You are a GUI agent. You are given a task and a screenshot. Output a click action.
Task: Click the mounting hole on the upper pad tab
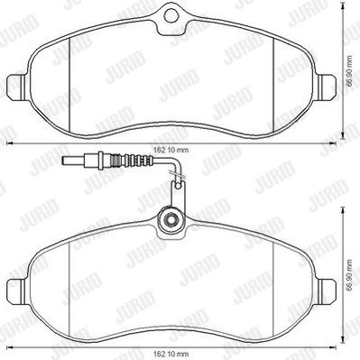[x=171, y=14]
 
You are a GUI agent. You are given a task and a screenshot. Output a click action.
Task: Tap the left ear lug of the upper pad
[x=16, y=86]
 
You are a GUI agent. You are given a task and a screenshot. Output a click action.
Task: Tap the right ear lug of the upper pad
[x=328, y=86]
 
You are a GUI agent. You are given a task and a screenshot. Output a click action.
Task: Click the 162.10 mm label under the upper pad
[x=171, y=150]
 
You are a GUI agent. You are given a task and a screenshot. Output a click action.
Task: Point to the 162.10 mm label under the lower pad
[x=171, y=353]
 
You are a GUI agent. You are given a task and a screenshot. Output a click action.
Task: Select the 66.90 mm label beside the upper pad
[x=349, y=71]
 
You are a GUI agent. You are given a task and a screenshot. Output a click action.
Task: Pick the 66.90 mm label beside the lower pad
[x=349, y=275]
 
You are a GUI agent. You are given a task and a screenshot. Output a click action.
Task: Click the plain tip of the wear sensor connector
[x=74, y=161]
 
